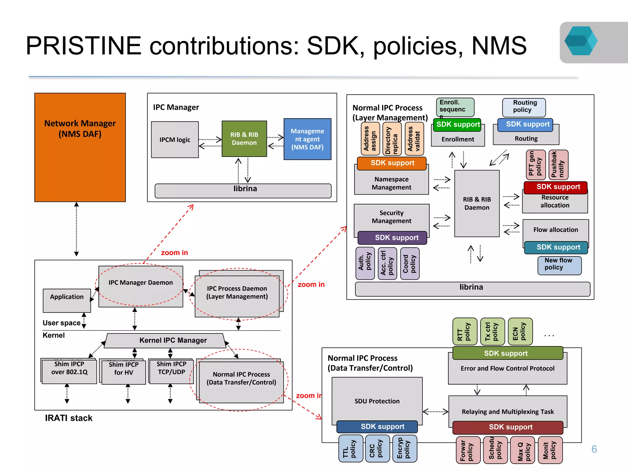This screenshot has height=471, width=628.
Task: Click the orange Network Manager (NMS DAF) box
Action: click(x=80, y=147)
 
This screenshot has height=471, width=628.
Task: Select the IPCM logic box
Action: click(x=175, y=140)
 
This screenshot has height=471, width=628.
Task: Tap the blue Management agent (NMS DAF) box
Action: click(x=307, y=139)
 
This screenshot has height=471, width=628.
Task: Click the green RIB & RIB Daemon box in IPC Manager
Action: click(x=244, y=139)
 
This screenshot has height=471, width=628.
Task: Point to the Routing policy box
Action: click(x=524, y=107)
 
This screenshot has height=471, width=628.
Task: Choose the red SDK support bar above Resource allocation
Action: click(x=555, y=187)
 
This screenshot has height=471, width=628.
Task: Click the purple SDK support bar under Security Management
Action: click(x=392, y=238)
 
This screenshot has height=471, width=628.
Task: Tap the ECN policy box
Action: click(x=520, y=331)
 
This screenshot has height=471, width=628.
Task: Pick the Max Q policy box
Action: click(x=522, y=450)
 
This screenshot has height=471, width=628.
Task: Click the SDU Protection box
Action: click(x=377, y=401)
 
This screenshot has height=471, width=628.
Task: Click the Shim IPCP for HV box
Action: click(x=124, y=371)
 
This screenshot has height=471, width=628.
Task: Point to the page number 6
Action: click(x=594, y=449)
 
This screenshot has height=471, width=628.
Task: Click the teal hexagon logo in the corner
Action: click(x=580, y=41)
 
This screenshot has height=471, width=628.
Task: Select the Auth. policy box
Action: click(x=365, y=263)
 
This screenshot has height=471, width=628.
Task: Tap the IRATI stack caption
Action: click(x=69, y=418)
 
